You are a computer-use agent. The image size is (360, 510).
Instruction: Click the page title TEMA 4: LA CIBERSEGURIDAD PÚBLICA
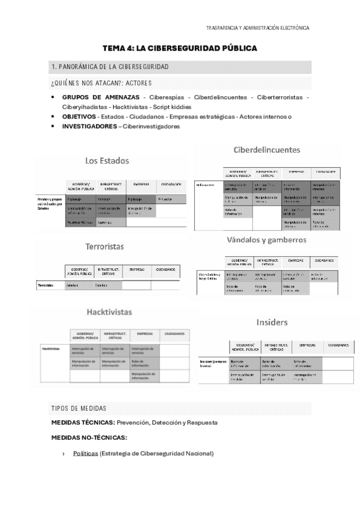[180, 48]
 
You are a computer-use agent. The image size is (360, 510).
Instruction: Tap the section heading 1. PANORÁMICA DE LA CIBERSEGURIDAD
[110, 66]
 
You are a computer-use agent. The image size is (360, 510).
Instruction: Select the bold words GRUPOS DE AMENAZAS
[101, 97]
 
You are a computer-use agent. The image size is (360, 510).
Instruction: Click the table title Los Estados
[106, 161]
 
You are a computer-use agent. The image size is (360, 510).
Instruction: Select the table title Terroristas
[105, 247]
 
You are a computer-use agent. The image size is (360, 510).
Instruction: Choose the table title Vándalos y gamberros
[266, 239]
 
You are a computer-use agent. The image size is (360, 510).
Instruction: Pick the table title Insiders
[272, 322]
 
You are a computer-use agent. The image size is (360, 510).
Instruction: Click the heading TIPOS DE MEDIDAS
[79, 408]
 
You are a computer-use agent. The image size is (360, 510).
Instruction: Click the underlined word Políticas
[85, 453]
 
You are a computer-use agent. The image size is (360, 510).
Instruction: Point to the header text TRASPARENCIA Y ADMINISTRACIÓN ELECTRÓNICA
[257, 28]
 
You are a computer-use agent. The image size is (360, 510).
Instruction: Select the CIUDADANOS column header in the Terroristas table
[165, 269]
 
